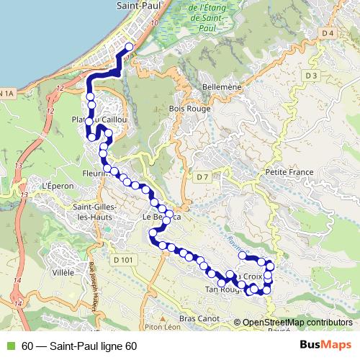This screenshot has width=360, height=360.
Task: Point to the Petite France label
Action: click(x=287, y=173)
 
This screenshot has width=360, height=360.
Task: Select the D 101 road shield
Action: click(x=123, y=259)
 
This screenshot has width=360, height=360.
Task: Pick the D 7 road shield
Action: click(x=202, y=176)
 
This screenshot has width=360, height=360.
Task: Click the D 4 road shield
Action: click(x=328, y=33)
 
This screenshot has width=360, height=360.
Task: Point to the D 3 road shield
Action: click(x=311, y=76)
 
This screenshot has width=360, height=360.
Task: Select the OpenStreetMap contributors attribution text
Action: click(x=297, y=323)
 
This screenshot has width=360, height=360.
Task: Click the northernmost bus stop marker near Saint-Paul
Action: click(x=130, y=48)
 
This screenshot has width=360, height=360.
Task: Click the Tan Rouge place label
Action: click(x=221, y=289)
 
